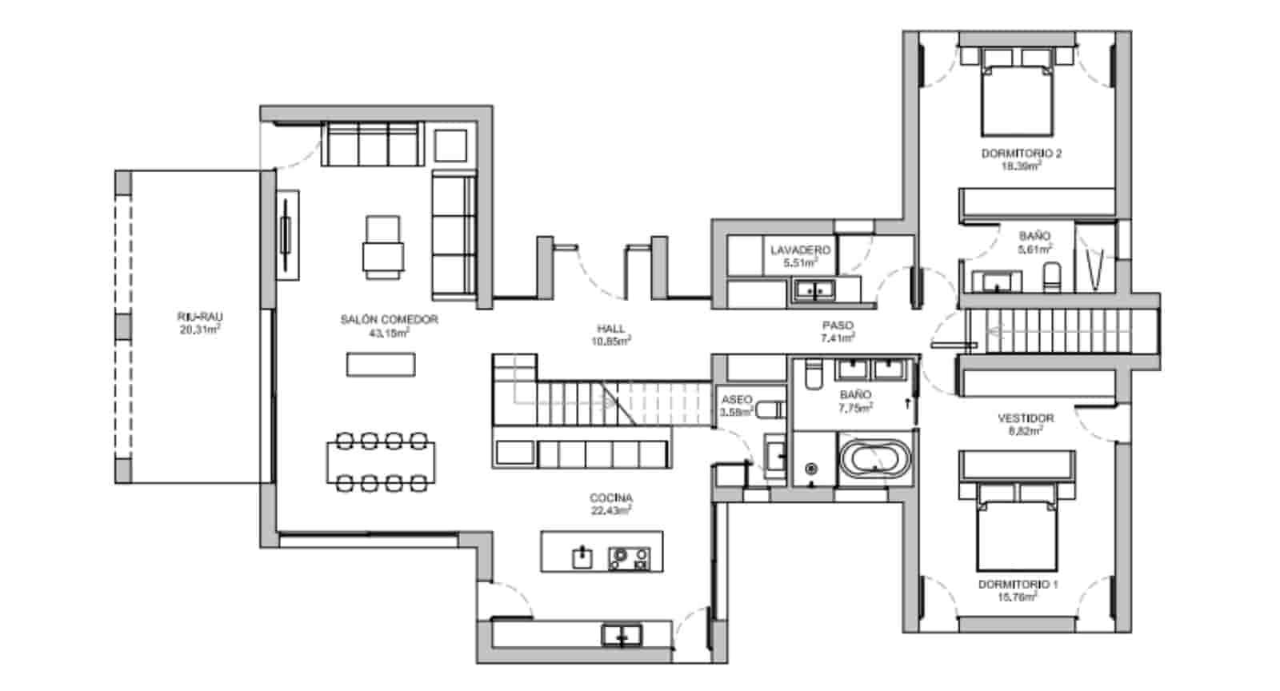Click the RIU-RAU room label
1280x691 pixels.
(199, 317)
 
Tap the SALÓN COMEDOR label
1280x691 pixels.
(389, 320)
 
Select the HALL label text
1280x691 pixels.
(610, 329)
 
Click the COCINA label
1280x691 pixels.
(611, 498)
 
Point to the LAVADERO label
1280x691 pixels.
(800, 250)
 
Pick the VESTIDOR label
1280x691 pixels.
(1026, 418)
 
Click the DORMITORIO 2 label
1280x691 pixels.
(1021, 154)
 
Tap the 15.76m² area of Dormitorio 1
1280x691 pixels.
(1018, 597)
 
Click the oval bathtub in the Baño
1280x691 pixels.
(874, 460)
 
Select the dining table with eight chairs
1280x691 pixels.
(381, 462)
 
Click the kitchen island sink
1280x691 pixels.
(582, 557)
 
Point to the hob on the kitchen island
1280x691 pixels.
(630, 557)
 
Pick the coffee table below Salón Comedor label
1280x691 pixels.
(381, 365)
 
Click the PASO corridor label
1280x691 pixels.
(838, 326)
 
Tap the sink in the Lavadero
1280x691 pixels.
(814, 290)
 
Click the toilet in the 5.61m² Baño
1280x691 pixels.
(1051, 277)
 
